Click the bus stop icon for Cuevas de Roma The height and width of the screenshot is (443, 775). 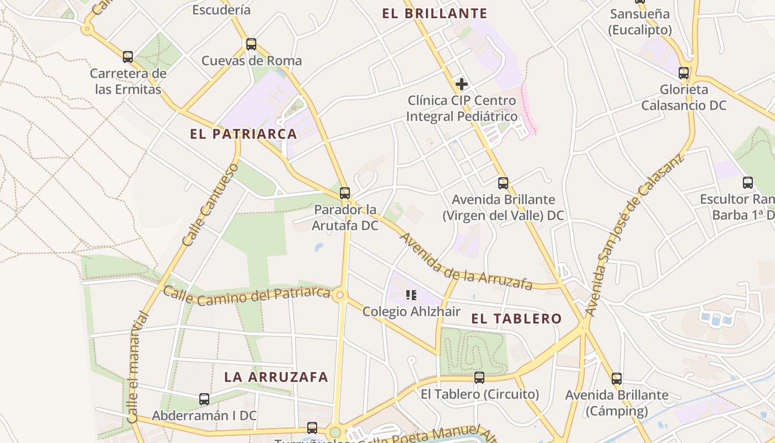tap(251, 44)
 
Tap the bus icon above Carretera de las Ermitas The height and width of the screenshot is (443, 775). tap(128, 56)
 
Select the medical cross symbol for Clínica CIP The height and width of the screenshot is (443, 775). tap(461, 84)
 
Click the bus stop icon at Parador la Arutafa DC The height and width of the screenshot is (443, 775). tap(345, 193)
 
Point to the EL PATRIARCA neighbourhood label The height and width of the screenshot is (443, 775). tap(244, 134)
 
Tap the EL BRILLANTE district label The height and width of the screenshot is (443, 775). tap(435, 14)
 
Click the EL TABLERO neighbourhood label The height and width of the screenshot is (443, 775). tap(516, 318)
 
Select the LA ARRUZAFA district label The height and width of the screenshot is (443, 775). tap(276, 377)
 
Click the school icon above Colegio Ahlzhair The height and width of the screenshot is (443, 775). tap(411, 295)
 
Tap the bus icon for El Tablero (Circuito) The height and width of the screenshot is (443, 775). tap(479, 378)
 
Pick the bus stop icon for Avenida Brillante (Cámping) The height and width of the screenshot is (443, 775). tap(617, 379)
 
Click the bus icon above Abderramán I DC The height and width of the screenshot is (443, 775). tap(204, 399)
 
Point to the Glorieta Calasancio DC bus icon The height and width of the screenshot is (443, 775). tap(684, 73)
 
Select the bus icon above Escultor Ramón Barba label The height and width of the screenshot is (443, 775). tap(748, 182)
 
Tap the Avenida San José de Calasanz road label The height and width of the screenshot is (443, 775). tap(634, 235)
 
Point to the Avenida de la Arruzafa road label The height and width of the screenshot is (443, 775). tap(466, 262)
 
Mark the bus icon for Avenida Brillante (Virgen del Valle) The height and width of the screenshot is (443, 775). tap(503, 183)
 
